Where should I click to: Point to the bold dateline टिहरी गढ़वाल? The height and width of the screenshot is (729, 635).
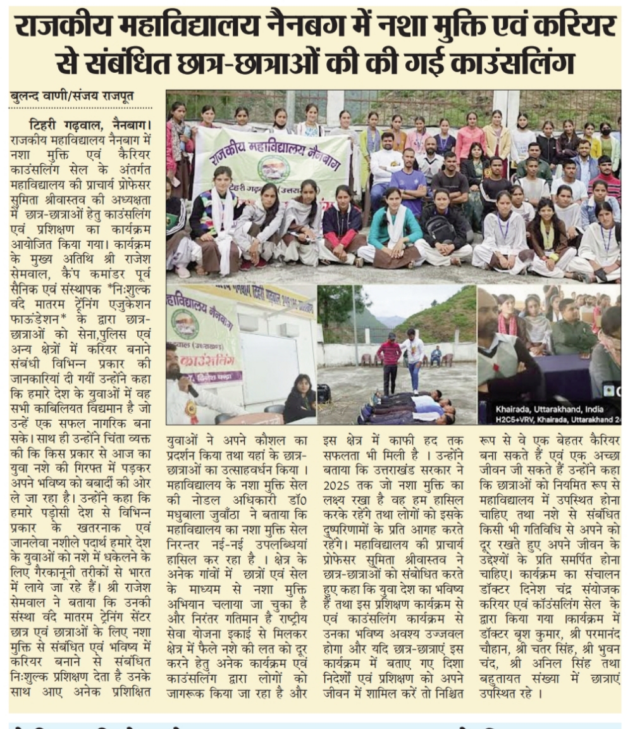tap(63, 121)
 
